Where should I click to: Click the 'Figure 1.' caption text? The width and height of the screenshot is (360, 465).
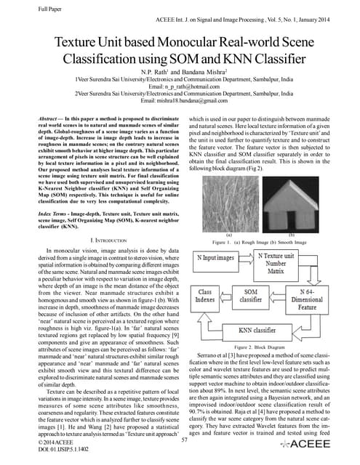tap(223, 240)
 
